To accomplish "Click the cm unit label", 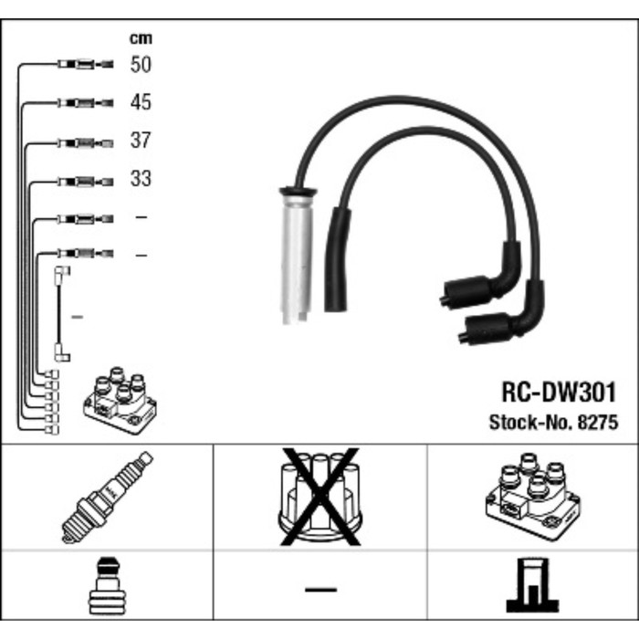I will click(140, 38).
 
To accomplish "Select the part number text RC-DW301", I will click(558, 393).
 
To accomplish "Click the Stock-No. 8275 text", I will click(553, 423).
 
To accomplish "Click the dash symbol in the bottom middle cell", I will click(319, 589).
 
